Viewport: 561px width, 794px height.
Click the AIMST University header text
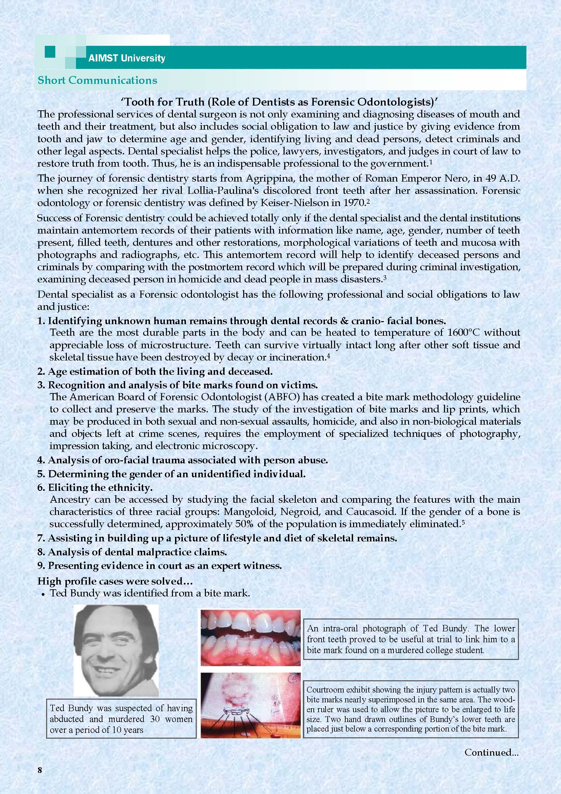(x=127, y=58)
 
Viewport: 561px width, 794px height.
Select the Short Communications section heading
(x=97, y=80)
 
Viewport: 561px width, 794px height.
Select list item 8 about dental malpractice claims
(x=132, y=552)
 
